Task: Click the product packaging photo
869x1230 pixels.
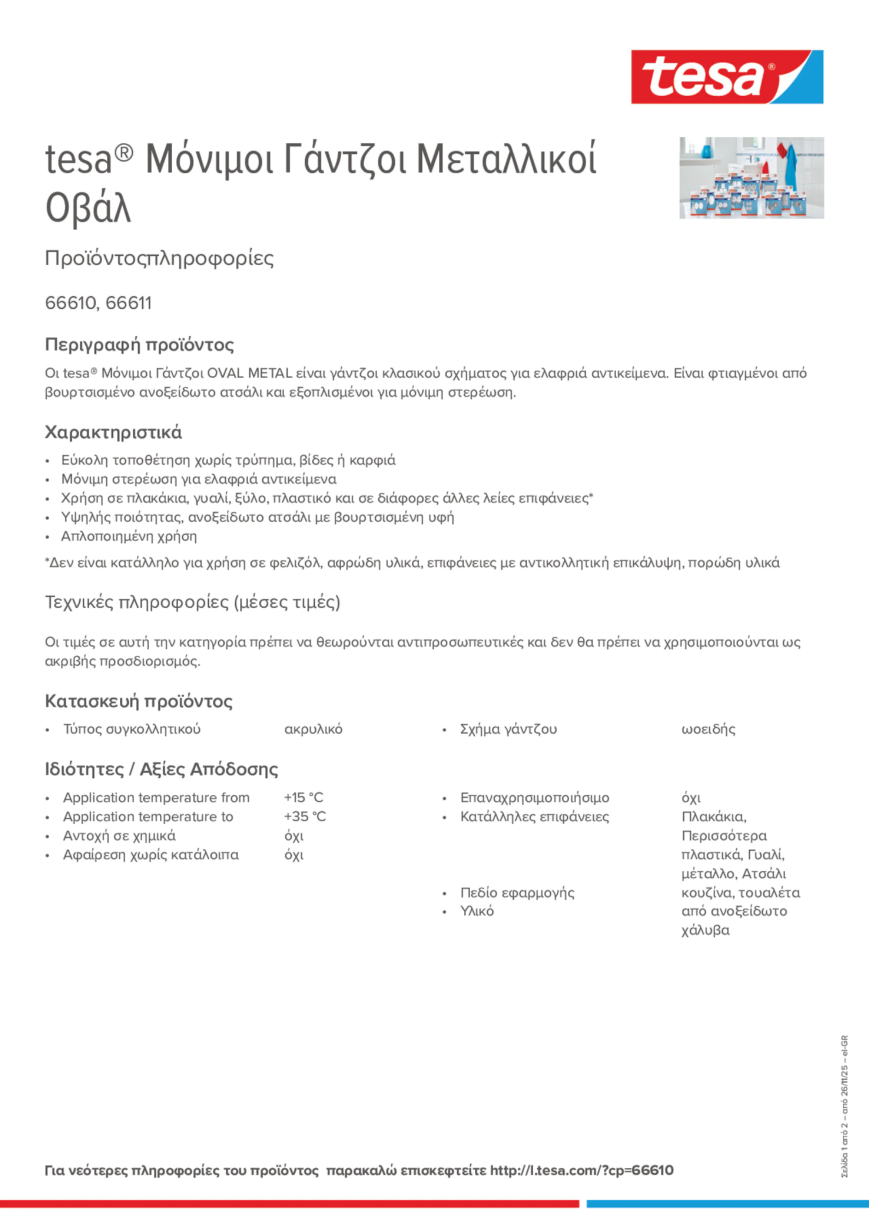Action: (751, 178)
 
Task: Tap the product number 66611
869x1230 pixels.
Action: (128, 303)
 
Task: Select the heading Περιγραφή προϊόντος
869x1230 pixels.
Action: (139, 344)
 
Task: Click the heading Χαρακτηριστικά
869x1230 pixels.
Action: (113, 432)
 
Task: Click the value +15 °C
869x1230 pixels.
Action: (304, 798)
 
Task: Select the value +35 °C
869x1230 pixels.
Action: (305, 816)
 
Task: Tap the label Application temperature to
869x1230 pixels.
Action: (148, 816)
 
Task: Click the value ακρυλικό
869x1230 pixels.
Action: (314, 729)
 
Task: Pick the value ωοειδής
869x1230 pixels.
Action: (708, 729)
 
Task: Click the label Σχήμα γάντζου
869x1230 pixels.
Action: (508, 729)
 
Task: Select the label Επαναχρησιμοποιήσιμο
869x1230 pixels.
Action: (535, 798)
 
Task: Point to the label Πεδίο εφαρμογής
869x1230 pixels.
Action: (517, 892)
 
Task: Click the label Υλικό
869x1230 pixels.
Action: (477, 911)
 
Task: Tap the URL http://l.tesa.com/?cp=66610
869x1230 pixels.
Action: (581, 1170)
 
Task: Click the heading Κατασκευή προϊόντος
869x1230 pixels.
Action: (139, 701)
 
